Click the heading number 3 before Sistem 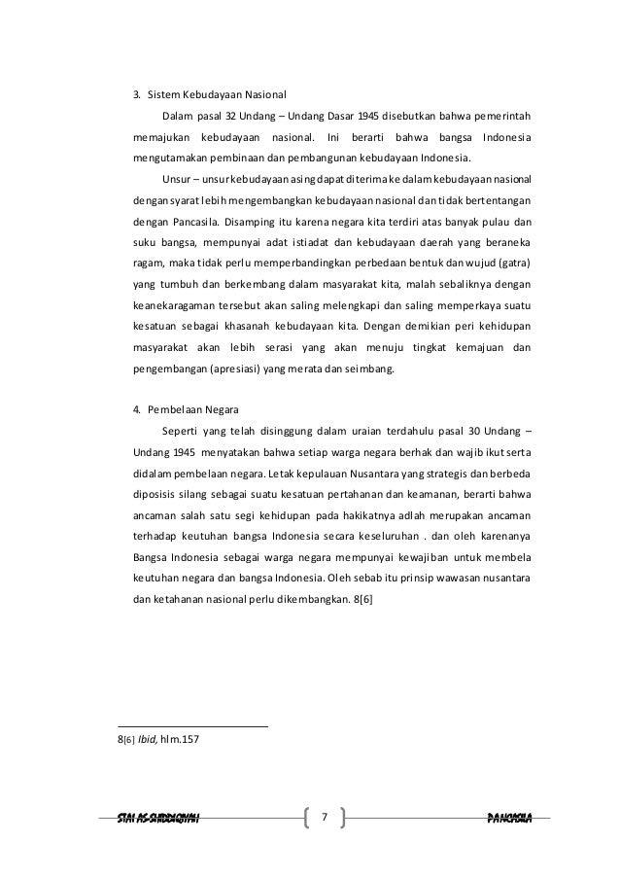point(137,95)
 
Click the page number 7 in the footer point(326,816)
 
